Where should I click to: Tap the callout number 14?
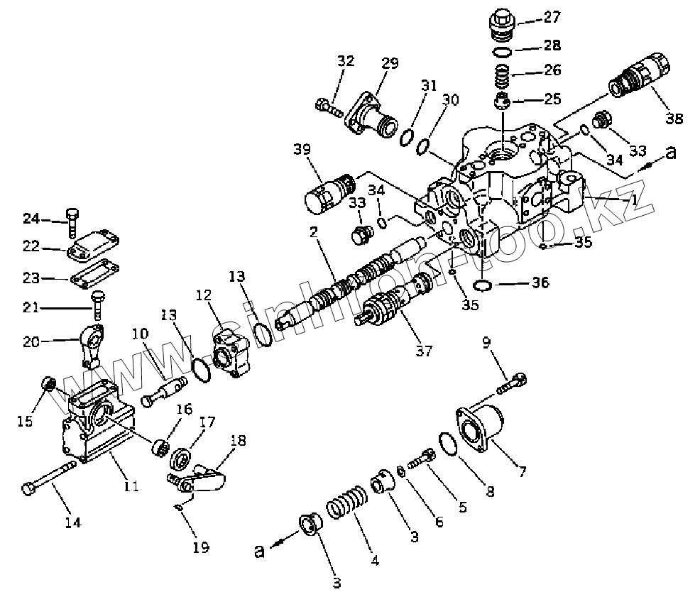pos(72,522)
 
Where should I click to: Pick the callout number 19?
pos(200,547)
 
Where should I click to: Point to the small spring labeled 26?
pos(502,74)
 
